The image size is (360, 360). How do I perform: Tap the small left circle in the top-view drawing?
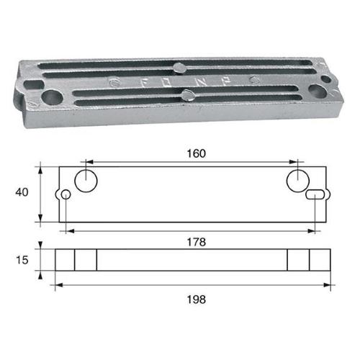pos(66,194)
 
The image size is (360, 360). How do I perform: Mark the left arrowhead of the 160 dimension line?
pos(89,162)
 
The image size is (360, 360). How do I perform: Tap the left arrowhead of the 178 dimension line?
pos(68,231)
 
